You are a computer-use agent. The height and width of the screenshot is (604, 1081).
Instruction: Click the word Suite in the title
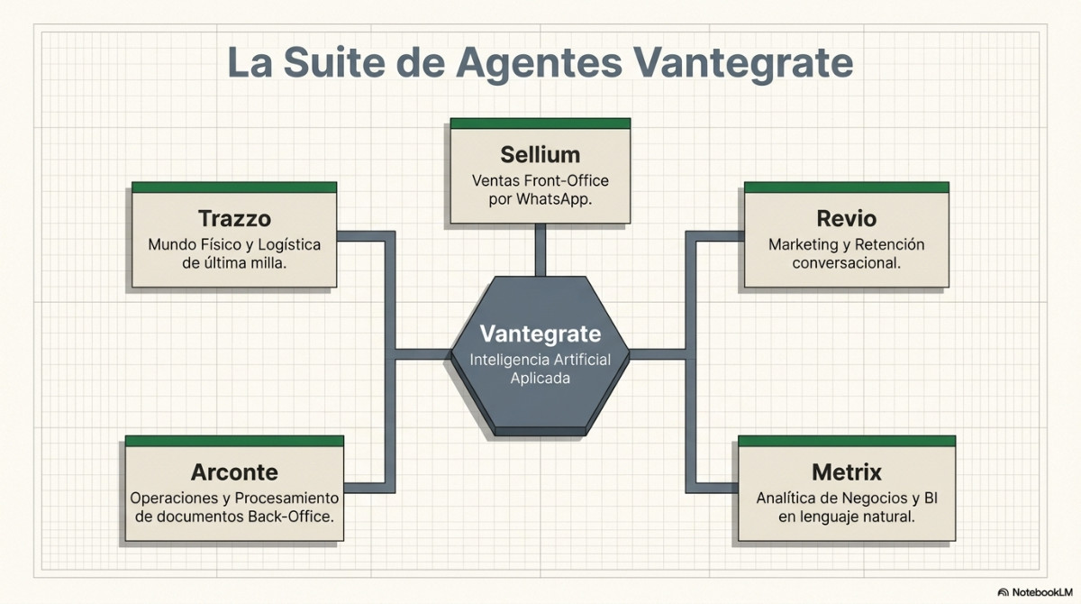(x=334, y=62)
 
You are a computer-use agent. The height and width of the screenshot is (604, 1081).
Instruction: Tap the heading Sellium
(x=540, y=155)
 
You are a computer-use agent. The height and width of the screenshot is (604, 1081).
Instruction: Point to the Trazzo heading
(x=234, y=219)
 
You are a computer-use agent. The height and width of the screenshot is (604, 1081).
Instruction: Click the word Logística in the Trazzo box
(x=289, y=245)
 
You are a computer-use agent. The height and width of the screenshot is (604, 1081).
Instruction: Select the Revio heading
(x=847, y=219)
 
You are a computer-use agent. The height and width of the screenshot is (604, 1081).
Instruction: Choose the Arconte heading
(x=234, y=472)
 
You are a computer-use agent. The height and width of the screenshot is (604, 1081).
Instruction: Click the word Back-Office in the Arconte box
(x=290, y=517)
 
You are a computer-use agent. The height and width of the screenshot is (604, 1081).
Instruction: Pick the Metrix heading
(x=847, y=472)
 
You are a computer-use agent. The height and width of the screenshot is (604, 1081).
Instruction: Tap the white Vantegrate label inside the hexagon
(x=540, y=334)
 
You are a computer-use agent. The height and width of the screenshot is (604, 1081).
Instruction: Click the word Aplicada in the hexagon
(x=540, y=379)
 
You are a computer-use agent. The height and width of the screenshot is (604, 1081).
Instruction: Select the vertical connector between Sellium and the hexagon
(x=540, y=250)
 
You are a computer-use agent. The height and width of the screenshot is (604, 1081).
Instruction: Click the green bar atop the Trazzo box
(x=234, y=188)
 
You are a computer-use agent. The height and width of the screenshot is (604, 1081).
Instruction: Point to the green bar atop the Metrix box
(x=847, y=441)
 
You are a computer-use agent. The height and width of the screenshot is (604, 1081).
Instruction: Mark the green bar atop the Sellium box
(x=540, y=124)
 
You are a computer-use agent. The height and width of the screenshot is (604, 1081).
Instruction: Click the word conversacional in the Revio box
(x=847, y=263)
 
